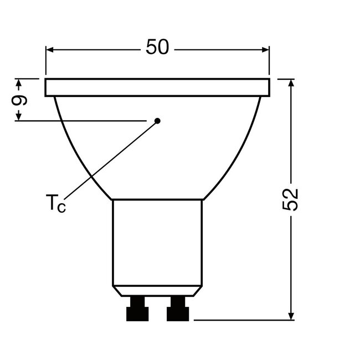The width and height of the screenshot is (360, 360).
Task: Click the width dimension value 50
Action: (157, 48)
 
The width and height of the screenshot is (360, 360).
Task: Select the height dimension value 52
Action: (291, 199)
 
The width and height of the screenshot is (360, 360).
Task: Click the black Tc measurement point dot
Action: (157, 120)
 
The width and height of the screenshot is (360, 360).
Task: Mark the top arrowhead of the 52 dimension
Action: (291, 84)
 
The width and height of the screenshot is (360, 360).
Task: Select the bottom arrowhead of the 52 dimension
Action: (291, 315)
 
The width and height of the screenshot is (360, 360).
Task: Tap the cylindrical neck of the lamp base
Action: (157, 244)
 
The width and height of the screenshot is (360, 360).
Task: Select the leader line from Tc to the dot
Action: (111, 161)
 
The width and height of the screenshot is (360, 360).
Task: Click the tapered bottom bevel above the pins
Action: (157, 291)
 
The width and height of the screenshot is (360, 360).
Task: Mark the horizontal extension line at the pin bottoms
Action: (244, 320)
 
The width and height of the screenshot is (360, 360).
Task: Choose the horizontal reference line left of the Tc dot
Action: (83, 120)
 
